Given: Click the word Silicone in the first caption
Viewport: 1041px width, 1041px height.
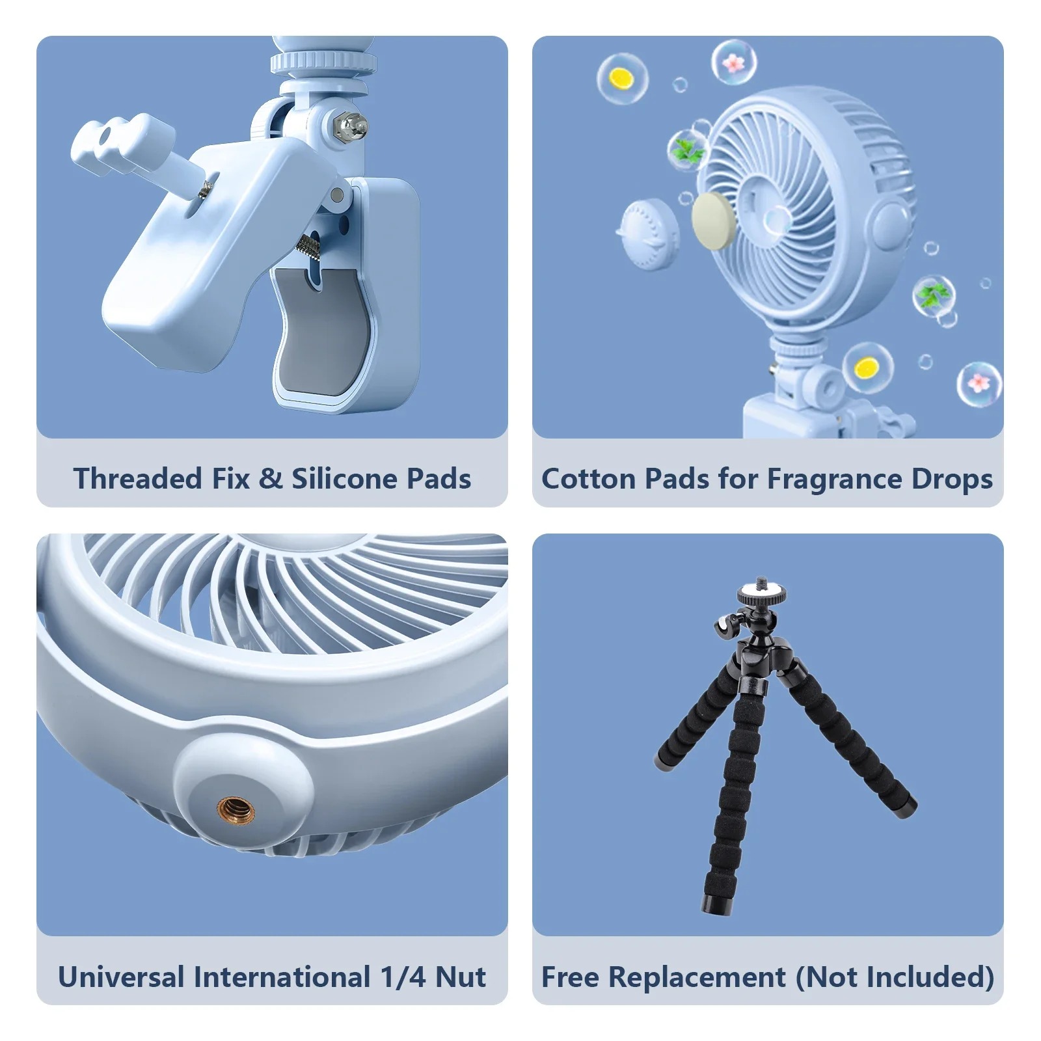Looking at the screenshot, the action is point(345,479).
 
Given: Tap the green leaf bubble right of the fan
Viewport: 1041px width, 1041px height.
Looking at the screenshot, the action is point(934,297).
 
